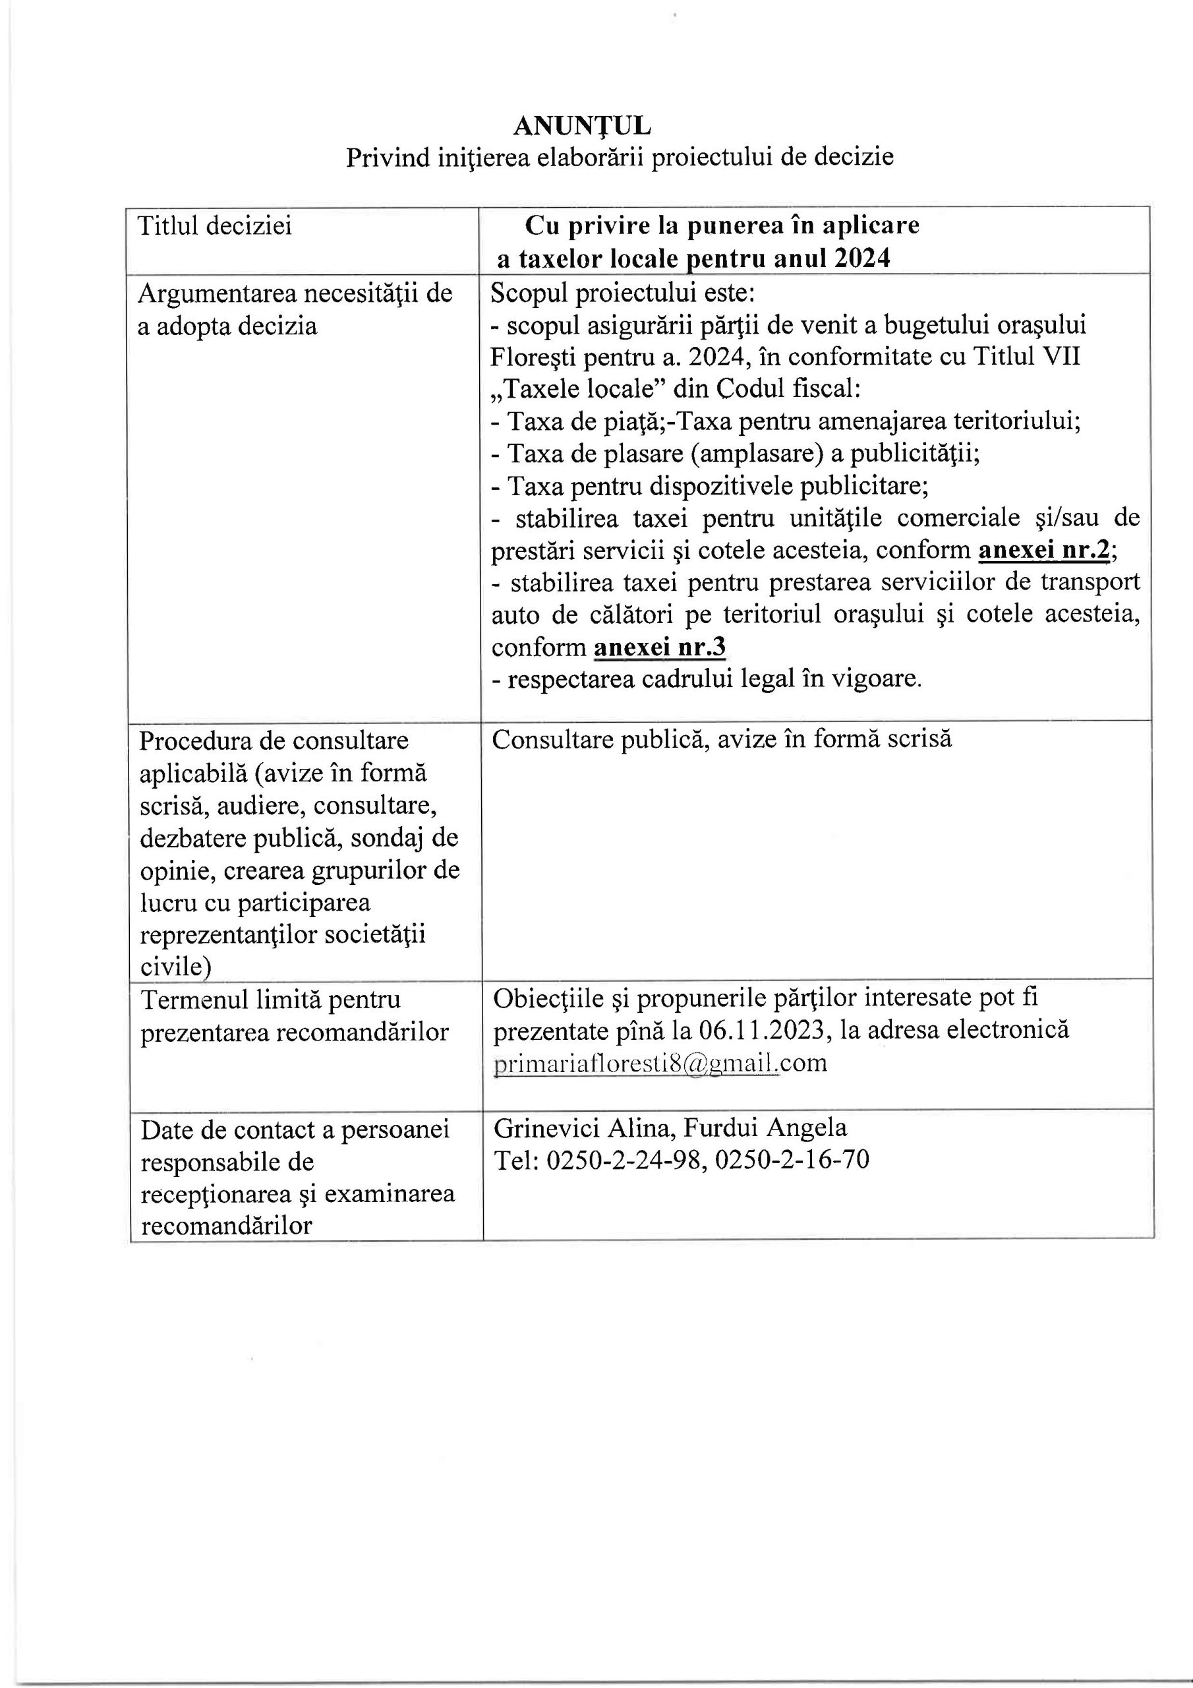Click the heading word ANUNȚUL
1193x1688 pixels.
click(x=581, y=127)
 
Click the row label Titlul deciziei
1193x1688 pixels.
click(x=215, y=226)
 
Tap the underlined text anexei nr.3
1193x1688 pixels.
click(x=660, y=647)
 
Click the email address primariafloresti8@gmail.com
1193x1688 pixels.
click(x=660, y=1063)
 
